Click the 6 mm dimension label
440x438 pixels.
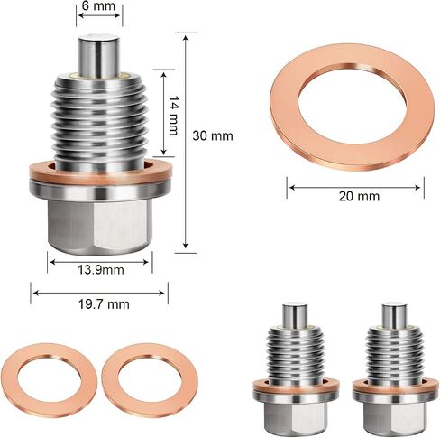click(x=98, y=5)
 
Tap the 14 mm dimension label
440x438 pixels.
click(x=173, y=116)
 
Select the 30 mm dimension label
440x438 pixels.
click(x=213, y=135)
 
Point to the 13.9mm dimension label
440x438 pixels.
click(x=101, y=269)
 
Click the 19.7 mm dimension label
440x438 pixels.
click(x=104, y=304)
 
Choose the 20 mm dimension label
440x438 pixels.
click(x=359, y=196)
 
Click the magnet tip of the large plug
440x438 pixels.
click(x=99, y=55)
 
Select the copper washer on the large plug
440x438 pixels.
click(x=101, y=172)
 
